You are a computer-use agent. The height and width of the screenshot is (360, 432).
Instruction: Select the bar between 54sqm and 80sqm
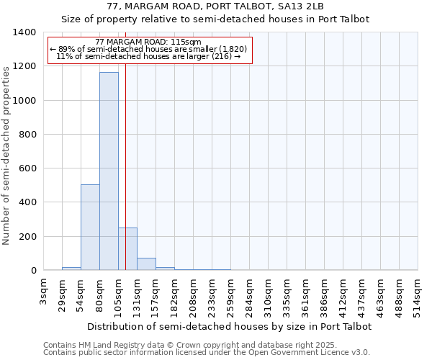coord(90,228)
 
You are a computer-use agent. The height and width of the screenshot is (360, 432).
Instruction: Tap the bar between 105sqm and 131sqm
coord(127,249)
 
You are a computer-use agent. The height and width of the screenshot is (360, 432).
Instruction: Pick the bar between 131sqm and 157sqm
coord(146,264)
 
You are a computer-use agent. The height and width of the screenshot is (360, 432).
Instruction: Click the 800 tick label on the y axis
coord(27,135)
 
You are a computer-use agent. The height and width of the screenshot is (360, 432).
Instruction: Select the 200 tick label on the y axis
coord(27,237)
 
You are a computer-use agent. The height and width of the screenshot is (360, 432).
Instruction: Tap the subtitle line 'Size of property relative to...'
coord(215,19)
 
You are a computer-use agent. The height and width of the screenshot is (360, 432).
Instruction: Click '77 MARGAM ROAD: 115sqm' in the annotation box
coord(148,42)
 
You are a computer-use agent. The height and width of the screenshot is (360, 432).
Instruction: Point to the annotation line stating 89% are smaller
coord(148,49)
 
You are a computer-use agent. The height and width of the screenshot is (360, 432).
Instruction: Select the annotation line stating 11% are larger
coord(148,56)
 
